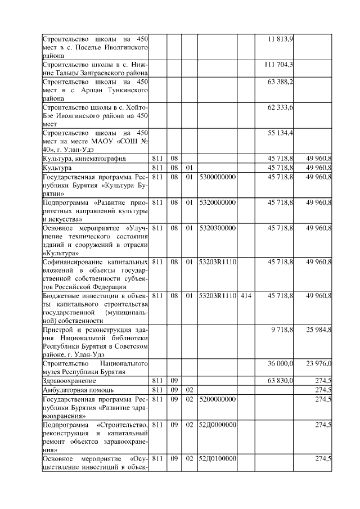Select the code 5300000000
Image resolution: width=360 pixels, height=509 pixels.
point(217,177)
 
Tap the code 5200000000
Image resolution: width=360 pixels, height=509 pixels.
point(217,398)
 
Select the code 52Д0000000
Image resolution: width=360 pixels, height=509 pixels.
point(217,424)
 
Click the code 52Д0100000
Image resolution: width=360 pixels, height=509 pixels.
point(217,459)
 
